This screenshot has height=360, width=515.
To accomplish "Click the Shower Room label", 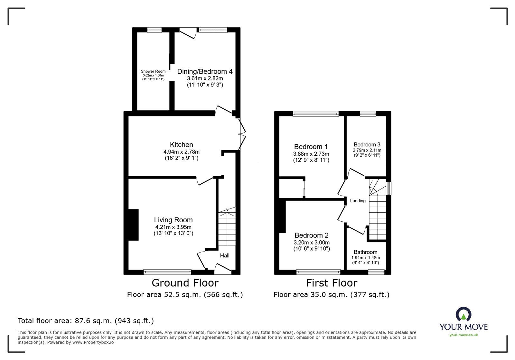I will tap(153, 71).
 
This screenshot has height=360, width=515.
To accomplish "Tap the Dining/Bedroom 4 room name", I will tap(205, 71).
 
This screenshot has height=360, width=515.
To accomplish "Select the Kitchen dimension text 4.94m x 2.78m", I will tap(181, 152).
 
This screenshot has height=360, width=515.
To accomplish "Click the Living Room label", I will tap(173, 220).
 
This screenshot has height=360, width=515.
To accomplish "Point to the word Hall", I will tap(225, 255).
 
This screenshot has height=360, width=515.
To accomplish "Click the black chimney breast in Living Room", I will tap(133, 225).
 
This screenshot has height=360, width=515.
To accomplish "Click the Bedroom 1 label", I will tap(311, 147).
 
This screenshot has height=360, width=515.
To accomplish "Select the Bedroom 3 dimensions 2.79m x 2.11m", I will tap(367, 150).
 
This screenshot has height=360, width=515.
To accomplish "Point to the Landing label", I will tap(358, 201).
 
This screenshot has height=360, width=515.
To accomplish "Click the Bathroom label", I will tap(365, 252).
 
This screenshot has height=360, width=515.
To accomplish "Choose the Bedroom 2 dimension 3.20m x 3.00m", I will tap(311, 243).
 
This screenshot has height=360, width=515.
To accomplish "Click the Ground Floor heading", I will tap(185, 283).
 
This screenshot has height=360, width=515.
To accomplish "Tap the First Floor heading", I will tap(331, 283).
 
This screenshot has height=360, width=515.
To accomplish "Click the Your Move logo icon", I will tap(464, 314).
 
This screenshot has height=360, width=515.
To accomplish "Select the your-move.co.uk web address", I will tap(464, 335).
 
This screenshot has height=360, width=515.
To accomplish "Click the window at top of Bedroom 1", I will tap(316, 113).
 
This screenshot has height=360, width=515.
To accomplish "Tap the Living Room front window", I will tap(167, 272).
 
